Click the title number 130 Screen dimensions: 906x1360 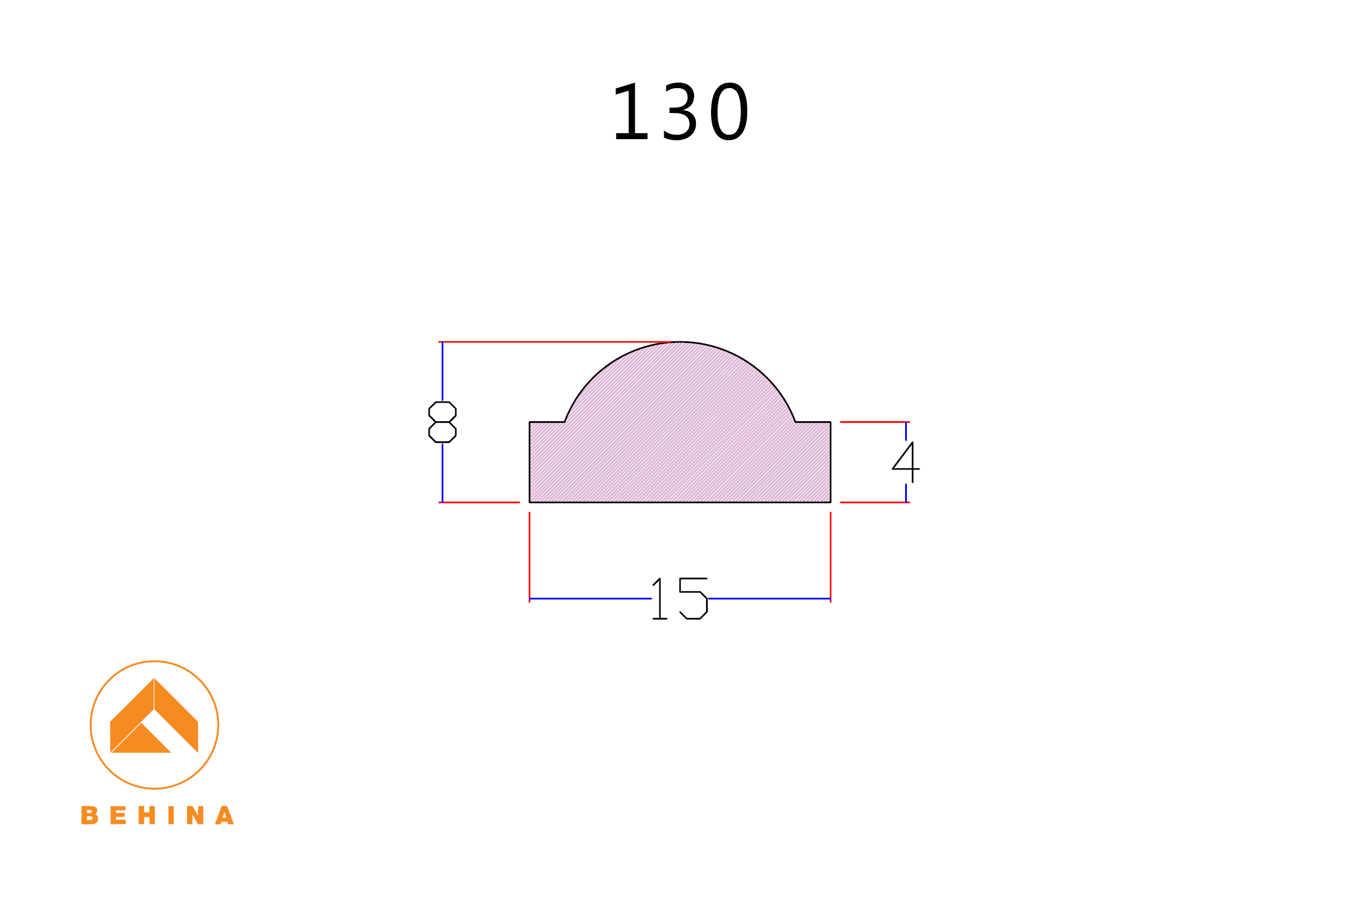click(681, 112)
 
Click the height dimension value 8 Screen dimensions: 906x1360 click(442, 422)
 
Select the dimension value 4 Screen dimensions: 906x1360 click(906, 463)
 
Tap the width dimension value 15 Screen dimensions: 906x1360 click(680, 598)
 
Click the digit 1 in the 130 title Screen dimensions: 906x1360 click(631, 112)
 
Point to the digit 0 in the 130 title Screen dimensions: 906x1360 click(730, 112)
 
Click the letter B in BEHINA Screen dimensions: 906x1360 click(90, 815)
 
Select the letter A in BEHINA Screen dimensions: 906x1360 click(224, 815)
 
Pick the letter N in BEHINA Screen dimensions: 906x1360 click(195, 815)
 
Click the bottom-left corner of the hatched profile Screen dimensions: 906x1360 click(530, 502)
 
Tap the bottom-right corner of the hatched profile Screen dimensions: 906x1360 click(830, 502)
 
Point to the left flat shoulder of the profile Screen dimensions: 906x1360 click(547, 422)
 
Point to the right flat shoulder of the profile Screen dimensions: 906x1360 click(813, 422)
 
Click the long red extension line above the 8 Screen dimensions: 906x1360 click(549, 342)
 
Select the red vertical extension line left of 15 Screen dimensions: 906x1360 click(530, 555)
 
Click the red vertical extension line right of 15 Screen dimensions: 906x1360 click(830, 555)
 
